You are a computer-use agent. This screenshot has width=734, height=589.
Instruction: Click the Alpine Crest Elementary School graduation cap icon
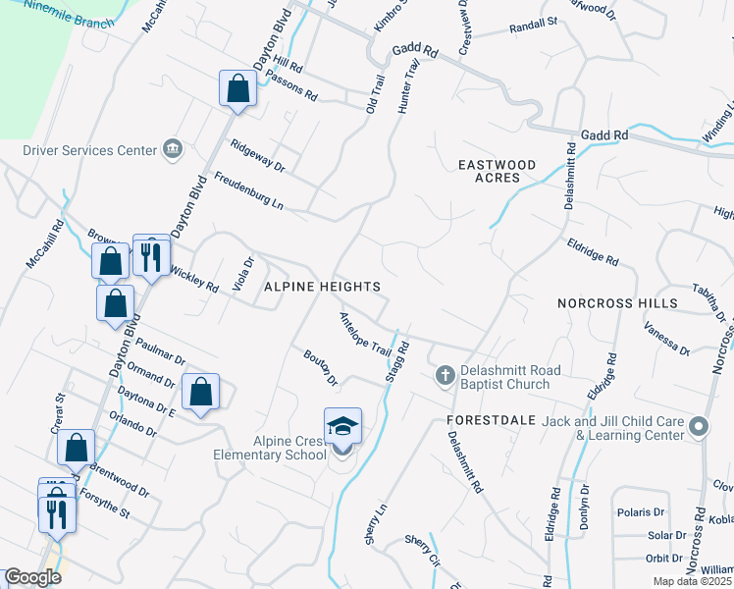tap(342, 426)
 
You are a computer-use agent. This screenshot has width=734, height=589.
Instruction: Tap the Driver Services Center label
tap(90, 150)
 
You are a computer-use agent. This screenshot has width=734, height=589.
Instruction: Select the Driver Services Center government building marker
tap(174, 149)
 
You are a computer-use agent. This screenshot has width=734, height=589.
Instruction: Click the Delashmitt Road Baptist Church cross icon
tap(445, 375)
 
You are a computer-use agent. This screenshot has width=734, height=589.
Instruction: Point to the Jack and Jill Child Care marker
tap(699, 426)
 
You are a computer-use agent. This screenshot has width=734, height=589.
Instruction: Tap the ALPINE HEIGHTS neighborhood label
tap(321, 286)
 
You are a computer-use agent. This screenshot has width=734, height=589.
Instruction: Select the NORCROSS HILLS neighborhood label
tap(617, 303)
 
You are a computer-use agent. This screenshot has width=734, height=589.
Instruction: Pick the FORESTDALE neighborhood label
tap(491, 419)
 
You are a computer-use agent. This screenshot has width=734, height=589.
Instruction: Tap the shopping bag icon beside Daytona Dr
tap(200, 393)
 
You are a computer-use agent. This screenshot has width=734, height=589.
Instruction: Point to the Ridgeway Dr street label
tap(257, 155)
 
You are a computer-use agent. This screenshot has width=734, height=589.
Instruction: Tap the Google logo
tap(32, 577)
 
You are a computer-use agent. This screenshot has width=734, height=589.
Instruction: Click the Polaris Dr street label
tap(641, 512)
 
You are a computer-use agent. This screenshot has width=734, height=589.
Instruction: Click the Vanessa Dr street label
tap(668, 342)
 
